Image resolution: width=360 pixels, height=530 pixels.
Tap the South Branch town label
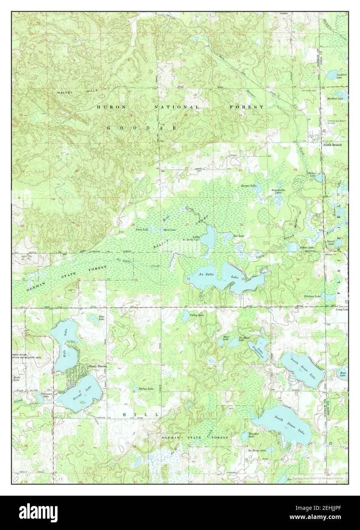(332, 145)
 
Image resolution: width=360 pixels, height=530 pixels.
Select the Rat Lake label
(239, 236)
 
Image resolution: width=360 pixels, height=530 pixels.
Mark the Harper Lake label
(248, 186)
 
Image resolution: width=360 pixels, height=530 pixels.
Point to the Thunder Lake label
(254, 435)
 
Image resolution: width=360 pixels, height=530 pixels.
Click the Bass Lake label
(101, 318)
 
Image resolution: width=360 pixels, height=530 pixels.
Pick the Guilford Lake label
(341, 76)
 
